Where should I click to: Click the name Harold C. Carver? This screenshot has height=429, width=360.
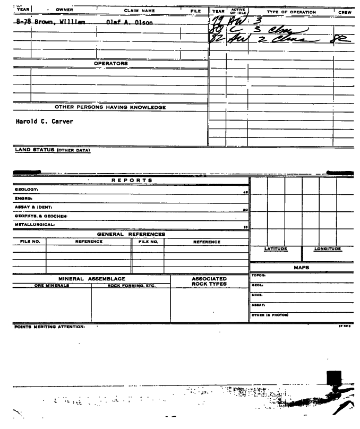pos(42,121)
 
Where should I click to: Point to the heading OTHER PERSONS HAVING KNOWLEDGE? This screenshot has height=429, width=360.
pos(110,107)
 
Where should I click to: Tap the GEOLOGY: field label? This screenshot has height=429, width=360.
pos(24,190)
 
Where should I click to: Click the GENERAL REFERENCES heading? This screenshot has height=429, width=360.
pos(131,234)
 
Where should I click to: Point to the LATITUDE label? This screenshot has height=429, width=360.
pos(276,248)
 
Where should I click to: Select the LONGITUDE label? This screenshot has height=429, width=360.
pos(328,248)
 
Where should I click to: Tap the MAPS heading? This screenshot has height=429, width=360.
pos(302,267)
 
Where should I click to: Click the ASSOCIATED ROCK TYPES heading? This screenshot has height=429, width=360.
pos(209,281)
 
